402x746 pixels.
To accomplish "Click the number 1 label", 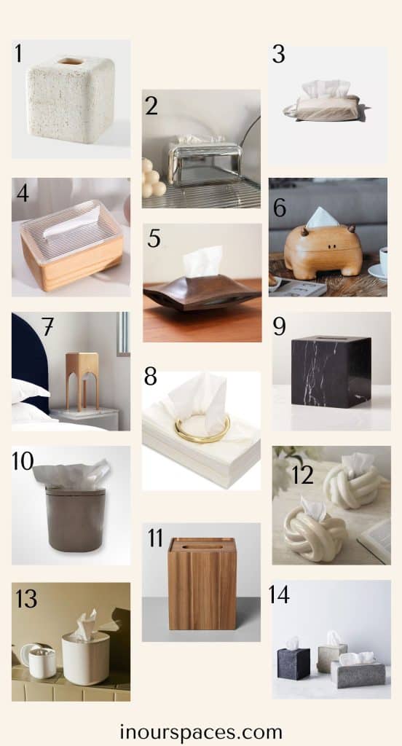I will [18, 53].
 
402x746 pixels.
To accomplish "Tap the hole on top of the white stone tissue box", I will [70, 62].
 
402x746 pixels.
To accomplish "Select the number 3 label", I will [278, 54].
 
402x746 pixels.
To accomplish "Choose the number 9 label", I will [279, 326].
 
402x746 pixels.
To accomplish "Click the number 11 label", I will [155, 539].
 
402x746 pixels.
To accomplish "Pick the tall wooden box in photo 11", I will [202, 584].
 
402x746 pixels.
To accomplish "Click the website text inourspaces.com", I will [201, 731].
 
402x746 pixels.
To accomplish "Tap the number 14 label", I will [278, 594].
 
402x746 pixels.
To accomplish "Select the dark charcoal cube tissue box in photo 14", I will [293, 663].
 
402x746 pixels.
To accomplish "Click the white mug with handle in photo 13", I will [41, 661].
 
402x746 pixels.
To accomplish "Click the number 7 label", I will [48, 326].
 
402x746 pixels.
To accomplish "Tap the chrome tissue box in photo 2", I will [205, 161].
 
